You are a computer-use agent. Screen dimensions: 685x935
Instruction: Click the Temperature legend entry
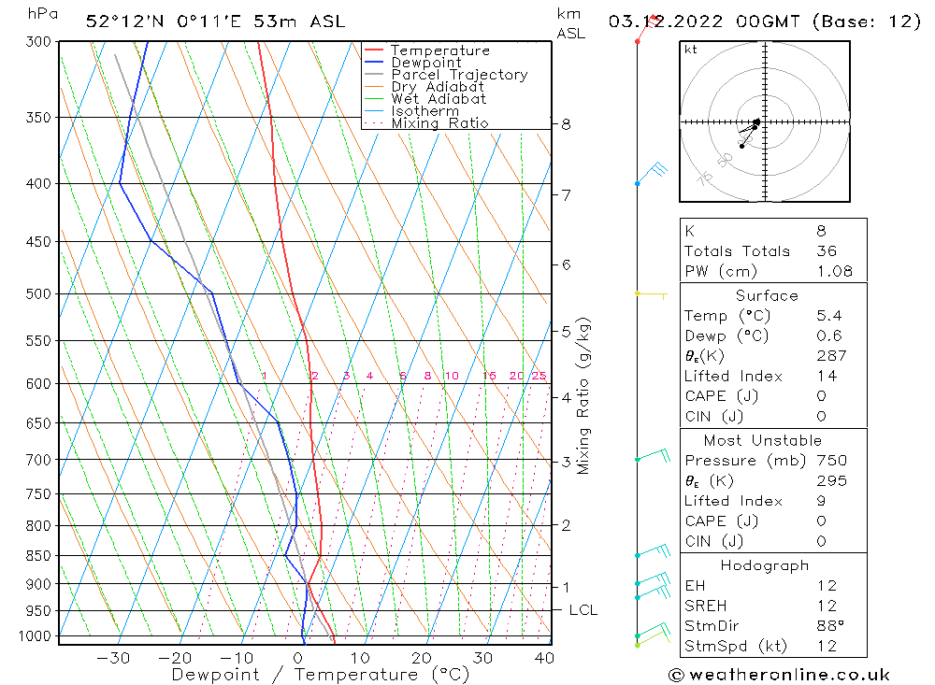pos(439,50)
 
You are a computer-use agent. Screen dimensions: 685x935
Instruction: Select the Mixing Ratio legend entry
pos(439,123)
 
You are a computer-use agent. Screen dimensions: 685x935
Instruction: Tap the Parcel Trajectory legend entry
pos(459,75)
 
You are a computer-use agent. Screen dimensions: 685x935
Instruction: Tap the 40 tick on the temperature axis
pos(543,658)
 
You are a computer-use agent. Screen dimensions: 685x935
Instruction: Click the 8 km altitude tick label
pos(566,123)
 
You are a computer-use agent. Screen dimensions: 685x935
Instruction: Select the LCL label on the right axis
pos(583,610)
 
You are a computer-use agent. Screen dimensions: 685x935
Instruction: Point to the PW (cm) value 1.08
pos(835,271)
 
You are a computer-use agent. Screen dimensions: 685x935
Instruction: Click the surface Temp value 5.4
pos(829,316)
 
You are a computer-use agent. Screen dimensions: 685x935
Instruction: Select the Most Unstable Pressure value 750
pos(831,461)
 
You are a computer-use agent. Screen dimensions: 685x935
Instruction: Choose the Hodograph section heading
pos(765,565)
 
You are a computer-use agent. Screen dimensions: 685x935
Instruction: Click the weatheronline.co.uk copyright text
pos(779,675)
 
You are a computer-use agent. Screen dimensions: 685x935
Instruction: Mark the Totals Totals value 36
pos(827,250)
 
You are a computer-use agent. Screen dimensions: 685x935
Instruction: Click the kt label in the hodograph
pos(690,50)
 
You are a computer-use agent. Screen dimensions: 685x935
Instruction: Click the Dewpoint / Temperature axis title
pos(320,675)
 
